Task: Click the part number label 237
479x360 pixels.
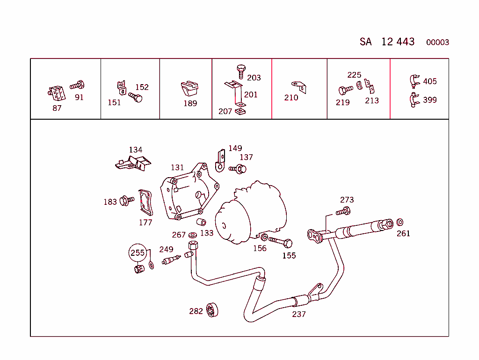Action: pos(298,314)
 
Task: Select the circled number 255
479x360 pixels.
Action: pos(138,253)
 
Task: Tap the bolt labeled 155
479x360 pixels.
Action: pos(280,242)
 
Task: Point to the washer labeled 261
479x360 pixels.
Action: pos(400,222)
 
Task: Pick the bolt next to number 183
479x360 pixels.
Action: pos(126,201)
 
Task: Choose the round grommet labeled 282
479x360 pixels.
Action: pos(213,310)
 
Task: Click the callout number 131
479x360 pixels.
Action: pos(177,167)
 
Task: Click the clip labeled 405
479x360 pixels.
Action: pos(414,81)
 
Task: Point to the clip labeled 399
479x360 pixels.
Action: pos(414,100)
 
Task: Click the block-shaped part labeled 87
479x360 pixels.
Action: pos(56,93)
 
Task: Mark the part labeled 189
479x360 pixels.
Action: pos(190,88)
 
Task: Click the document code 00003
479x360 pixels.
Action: pos(437,43)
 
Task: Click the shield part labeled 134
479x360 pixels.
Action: pos(133,162)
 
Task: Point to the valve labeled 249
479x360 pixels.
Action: pos(171,259)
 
